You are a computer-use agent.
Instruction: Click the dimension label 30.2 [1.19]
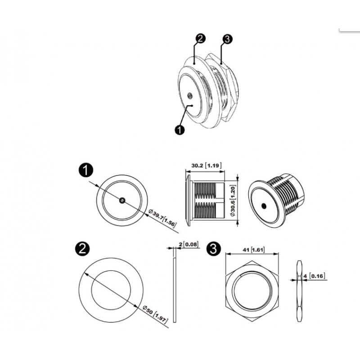(x=207, y=165)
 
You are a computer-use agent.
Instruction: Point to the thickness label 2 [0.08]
(x=188, y=244)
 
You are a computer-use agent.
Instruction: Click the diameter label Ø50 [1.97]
(x=155, y=315)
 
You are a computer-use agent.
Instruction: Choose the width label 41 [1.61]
(x=253, y=250)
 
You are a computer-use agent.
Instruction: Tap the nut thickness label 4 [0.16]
(x=314, y=276)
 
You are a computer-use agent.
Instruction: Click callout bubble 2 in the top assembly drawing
(x=200, y=39)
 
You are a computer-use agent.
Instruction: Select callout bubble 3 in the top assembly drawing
(x=227, y=39)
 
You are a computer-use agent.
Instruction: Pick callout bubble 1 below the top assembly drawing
(x=180, y=130)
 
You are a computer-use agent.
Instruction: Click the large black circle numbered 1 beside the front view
(x=86, y=171)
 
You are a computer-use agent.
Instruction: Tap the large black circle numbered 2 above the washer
(x=82, y=249)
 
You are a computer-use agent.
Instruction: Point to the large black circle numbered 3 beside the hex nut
(x=213, y=249)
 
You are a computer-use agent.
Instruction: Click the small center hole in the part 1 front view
(x=122, y=201)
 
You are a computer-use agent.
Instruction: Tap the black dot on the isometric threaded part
(x=264, y=206)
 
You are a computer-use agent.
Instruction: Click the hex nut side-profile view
(x=299, y=291)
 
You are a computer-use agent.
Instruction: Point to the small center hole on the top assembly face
(x=189, y=95)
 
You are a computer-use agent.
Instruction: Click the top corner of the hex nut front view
(x=252, y=261)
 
